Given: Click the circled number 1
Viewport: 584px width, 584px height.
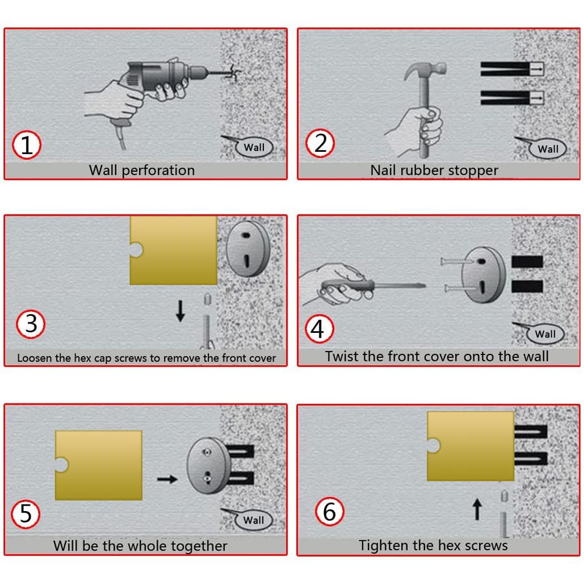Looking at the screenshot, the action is (26, 145).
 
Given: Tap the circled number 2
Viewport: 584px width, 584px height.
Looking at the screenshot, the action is (320, 144).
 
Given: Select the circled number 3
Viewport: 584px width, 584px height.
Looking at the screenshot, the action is (31, 324).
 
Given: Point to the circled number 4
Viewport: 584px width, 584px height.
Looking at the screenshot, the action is (319, 328).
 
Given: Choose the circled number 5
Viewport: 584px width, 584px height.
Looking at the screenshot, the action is (26, 515).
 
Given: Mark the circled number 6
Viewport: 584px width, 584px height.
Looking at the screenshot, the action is (329, 512).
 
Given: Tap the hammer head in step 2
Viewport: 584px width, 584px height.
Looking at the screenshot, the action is (425, 69).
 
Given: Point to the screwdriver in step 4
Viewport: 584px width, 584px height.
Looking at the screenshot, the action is (373, 287).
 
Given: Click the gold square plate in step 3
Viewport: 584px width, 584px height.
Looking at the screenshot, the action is (173, 251).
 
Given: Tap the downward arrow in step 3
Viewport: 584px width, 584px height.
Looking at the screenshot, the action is (180, 311).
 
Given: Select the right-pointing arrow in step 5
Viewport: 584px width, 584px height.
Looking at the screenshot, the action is (167, 479).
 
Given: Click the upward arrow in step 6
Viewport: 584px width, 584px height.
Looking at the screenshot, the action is (477, 509).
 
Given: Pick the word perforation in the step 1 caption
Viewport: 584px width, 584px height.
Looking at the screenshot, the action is (158, 171).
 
